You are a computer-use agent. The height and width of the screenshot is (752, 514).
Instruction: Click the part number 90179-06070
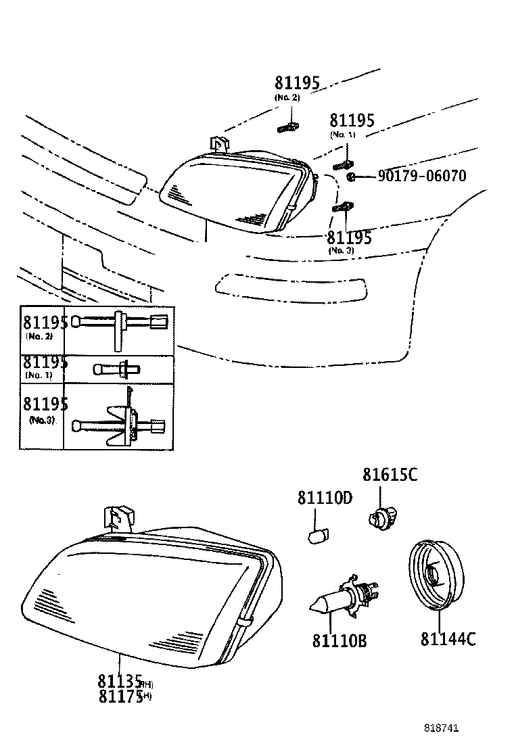click(421, 177)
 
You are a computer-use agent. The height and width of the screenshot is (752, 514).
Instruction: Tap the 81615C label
click(390, 475)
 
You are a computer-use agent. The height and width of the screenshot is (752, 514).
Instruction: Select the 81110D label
click(325, 498)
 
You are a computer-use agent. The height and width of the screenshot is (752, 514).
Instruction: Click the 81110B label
click(339, 640)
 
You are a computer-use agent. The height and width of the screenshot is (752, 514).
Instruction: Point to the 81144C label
click(448, 638)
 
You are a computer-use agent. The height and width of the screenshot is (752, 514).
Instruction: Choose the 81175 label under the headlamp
click(120, 696)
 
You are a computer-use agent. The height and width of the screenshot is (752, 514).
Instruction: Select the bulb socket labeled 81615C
click(381, 517)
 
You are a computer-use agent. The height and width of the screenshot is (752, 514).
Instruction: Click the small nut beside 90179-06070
click(351, 177)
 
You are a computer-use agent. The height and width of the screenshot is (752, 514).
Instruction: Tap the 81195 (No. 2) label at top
click(296, 83)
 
